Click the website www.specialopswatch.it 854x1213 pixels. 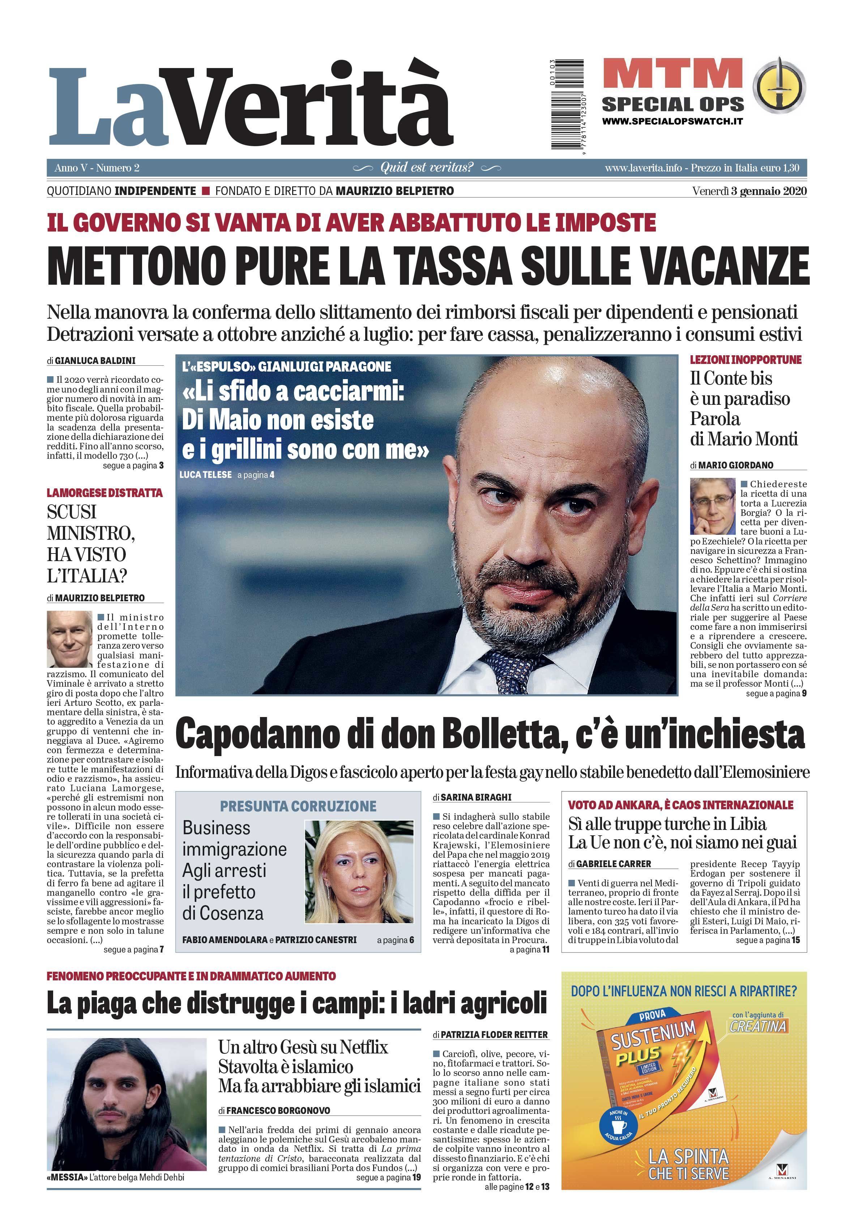tap(672, 121)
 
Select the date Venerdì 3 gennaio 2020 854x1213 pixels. tap(749, 191)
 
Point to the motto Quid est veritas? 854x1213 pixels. tap(427, 168)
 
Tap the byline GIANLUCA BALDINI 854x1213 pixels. tap(95, 360)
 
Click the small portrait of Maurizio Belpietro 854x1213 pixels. tap(69, 639)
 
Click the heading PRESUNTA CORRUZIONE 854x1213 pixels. tap(298, 806)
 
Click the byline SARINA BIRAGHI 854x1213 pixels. tap(476, 797)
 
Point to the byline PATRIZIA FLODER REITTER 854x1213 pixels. tap(494, 1034)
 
